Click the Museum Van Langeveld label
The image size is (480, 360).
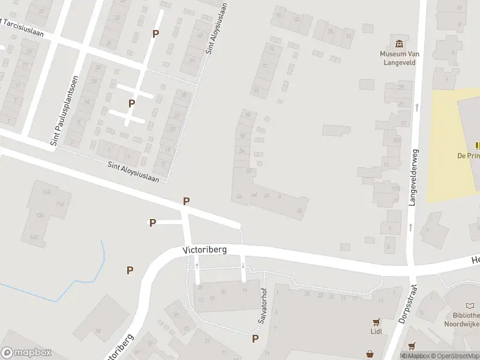398,58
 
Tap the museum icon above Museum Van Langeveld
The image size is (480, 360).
398,43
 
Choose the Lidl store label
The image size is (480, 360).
376,331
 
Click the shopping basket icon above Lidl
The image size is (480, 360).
376,321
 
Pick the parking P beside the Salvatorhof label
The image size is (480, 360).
255,339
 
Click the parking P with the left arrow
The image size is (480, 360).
152,223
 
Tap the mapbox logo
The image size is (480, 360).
26,353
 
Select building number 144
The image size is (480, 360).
47,192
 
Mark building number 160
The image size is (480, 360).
34,237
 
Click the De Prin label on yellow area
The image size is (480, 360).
468,156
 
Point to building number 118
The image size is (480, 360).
60,205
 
